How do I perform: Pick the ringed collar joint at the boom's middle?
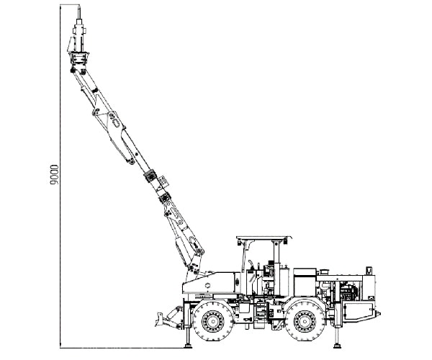coord(153,178)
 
